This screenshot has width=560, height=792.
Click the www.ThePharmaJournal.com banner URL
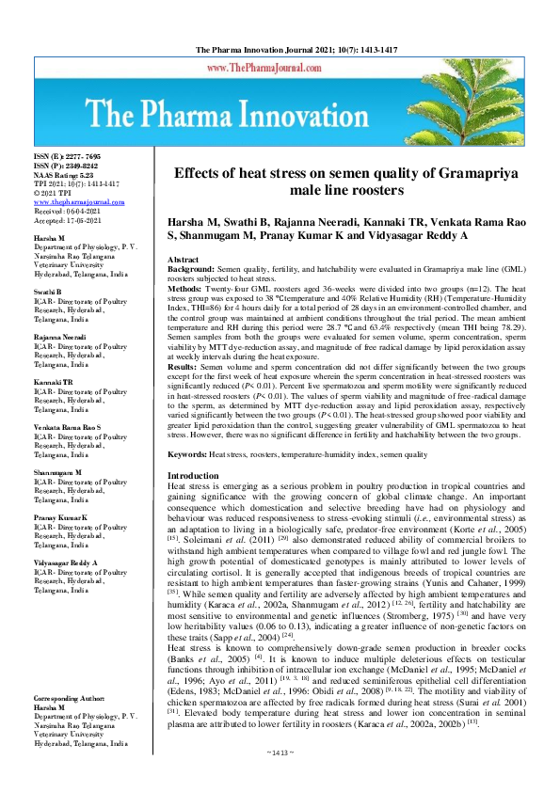click(x=280, y=69)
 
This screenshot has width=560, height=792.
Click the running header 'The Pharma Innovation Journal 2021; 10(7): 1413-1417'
click(x=280, y=48)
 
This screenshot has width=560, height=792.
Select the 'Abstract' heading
click(x=182, y=258)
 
